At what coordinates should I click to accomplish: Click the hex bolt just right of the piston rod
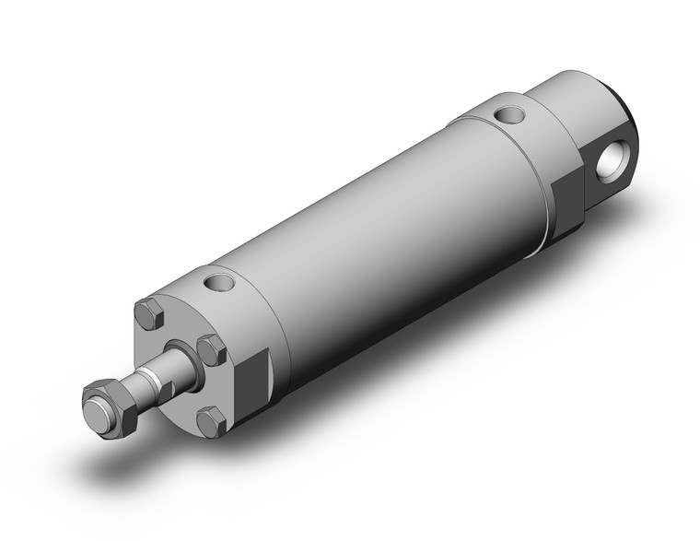click(x=212, y=351)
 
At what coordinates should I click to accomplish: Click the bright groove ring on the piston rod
click(x=147, y=379)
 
